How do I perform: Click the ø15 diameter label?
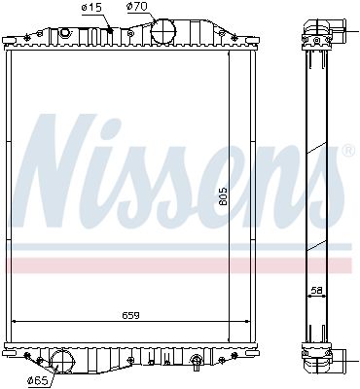point(90,8)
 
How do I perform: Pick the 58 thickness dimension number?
point(317,291)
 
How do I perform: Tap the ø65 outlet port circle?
point(62,363)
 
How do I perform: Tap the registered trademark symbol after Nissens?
point(346,152)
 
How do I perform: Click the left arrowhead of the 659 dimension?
point(13,323)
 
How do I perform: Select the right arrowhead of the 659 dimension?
point(247,323)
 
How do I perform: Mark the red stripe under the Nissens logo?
point(175,265)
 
